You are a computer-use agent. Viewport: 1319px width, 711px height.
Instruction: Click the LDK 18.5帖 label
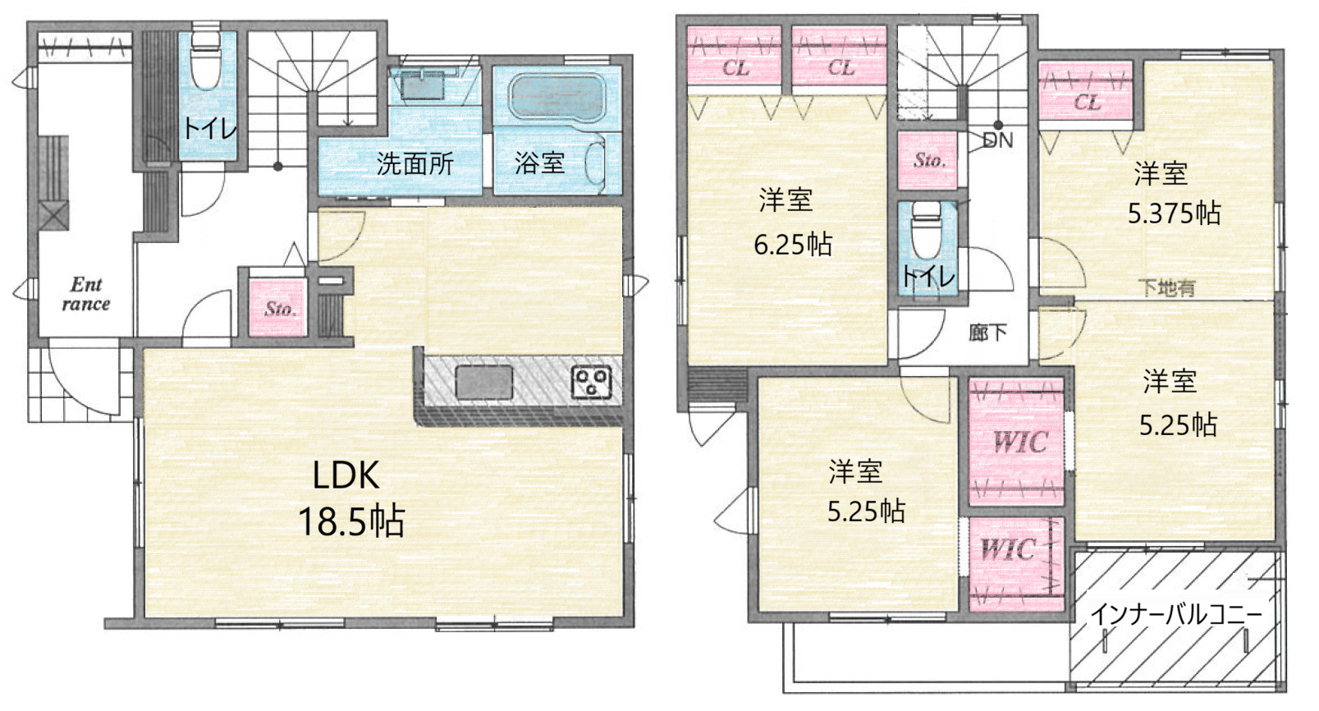(351, 498)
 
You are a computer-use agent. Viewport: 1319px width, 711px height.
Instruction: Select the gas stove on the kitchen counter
(591, 383)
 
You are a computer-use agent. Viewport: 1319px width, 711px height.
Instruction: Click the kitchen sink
(483, 383)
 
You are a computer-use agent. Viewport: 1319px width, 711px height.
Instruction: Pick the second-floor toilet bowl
(926, 230)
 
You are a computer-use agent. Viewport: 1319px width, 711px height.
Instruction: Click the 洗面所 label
(415, 163)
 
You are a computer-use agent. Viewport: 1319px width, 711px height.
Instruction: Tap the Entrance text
(86, 294)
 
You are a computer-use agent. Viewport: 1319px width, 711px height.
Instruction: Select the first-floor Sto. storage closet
(278, 308)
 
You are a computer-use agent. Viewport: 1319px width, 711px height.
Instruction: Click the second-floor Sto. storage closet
(927, 160)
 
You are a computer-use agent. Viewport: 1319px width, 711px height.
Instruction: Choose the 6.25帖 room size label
(793, 244)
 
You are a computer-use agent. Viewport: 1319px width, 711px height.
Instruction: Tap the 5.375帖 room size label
(1175, 213)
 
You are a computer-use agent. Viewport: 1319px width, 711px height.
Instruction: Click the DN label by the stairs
(998, 140)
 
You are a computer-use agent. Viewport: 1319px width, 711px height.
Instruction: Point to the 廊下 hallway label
(987, 333)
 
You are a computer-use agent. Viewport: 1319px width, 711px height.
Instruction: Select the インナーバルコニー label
(1176, 615)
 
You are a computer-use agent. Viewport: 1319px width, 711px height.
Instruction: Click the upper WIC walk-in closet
(1016, 442)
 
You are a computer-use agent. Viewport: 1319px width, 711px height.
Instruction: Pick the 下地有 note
(1167, 287)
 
